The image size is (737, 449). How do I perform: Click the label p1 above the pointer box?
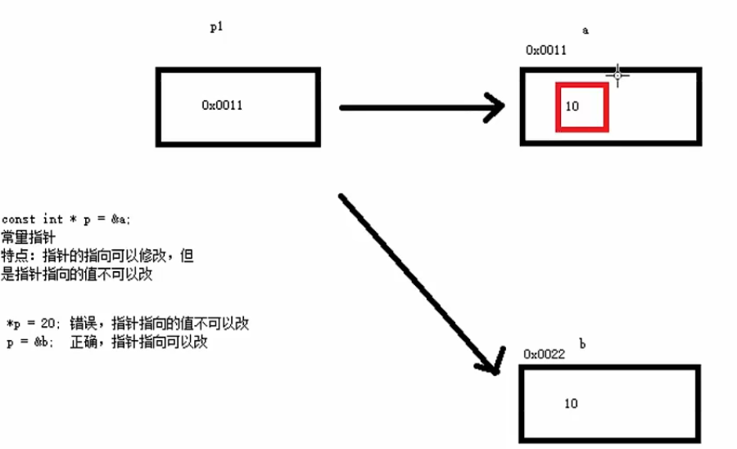pos(217,27)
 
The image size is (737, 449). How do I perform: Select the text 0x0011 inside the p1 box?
pos(222,105)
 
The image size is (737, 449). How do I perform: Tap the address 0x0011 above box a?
pos(545,50)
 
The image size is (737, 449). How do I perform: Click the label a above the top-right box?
pos(585,30)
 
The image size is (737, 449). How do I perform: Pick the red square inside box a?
pos(581,107)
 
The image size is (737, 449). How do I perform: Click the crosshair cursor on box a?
pos(618,75)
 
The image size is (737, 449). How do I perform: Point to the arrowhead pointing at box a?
pos(495,107)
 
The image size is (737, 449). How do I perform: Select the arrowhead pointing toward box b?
pos(492,361)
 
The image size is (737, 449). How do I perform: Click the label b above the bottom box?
pos(582,344)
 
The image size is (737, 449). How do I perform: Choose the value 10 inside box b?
pos(571,403)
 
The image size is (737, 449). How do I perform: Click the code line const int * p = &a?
pos(66,220)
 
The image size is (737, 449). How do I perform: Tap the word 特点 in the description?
pos(15,256)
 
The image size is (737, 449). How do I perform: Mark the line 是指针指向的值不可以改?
pos(77,275)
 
